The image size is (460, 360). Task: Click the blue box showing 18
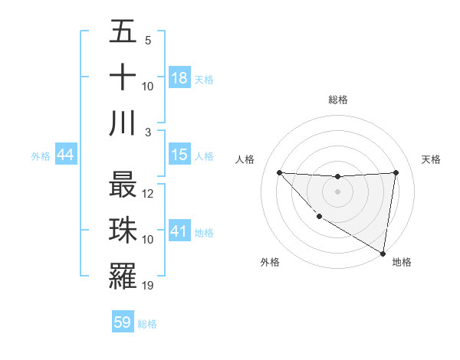click(x=179, y=78)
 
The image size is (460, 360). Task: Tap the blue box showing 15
click(x=179, y=155)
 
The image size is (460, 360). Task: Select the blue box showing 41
click(x=179, y=231)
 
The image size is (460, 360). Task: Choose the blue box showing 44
click(x=66, y=155)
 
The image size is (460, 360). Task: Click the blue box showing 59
click(x=123, y=322)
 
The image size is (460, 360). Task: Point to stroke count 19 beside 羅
click(x=149, y=286)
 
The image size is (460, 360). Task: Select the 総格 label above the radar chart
click(x=337, y=100)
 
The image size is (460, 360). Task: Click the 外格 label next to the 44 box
click(x=41, y=156)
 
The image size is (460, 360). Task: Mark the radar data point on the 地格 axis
click(x=383, y=254)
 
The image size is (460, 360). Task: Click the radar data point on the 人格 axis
click(x=279, y=172)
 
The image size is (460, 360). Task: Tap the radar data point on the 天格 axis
click(x=396, y=172)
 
